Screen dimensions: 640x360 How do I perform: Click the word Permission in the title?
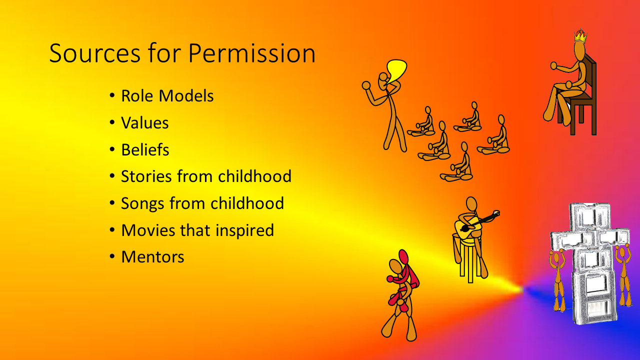[251, 54]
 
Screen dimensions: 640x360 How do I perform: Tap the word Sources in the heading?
[94, 53]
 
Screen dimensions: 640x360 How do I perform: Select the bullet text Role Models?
[167, 95]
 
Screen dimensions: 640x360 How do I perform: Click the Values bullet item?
[145, 123]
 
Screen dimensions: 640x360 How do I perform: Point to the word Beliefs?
[145, 149]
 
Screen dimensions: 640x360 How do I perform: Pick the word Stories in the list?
[146, 176]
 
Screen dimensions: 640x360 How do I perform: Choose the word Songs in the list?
[142, 203]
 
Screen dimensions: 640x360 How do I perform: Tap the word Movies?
[148, 230]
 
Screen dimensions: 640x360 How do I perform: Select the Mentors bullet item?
[152, 257]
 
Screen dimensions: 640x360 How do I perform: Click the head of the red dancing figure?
[403, 257]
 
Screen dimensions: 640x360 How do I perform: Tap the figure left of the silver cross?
[558, 280]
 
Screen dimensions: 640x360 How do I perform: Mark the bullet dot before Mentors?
[112, 256]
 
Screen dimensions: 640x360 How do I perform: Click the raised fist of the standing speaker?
[366, 85]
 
